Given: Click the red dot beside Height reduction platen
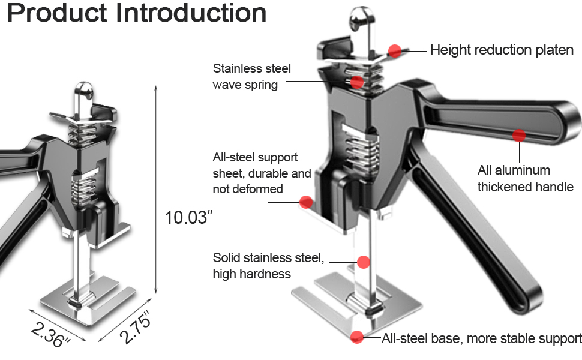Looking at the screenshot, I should click(394, 51).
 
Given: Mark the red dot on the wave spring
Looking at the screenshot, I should click(357, 82).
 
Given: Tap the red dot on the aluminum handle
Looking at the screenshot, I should click(519, 136).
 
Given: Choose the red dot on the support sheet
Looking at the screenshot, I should click(306, 202).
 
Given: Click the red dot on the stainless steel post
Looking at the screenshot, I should click(363, 262).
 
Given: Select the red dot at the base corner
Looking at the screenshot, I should click(357, 337).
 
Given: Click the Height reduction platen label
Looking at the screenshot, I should click(502, 50).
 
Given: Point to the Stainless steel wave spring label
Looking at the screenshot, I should click(251, 76).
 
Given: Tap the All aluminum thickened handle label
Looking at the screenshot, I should click(525, 178).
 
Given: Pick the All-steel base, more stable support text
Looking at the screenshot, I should click(482, 338).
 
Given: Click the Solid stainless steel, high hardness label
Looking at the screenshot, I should click(268, 266).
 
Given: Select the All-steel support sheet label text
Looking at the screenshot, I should click(262, 173).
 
